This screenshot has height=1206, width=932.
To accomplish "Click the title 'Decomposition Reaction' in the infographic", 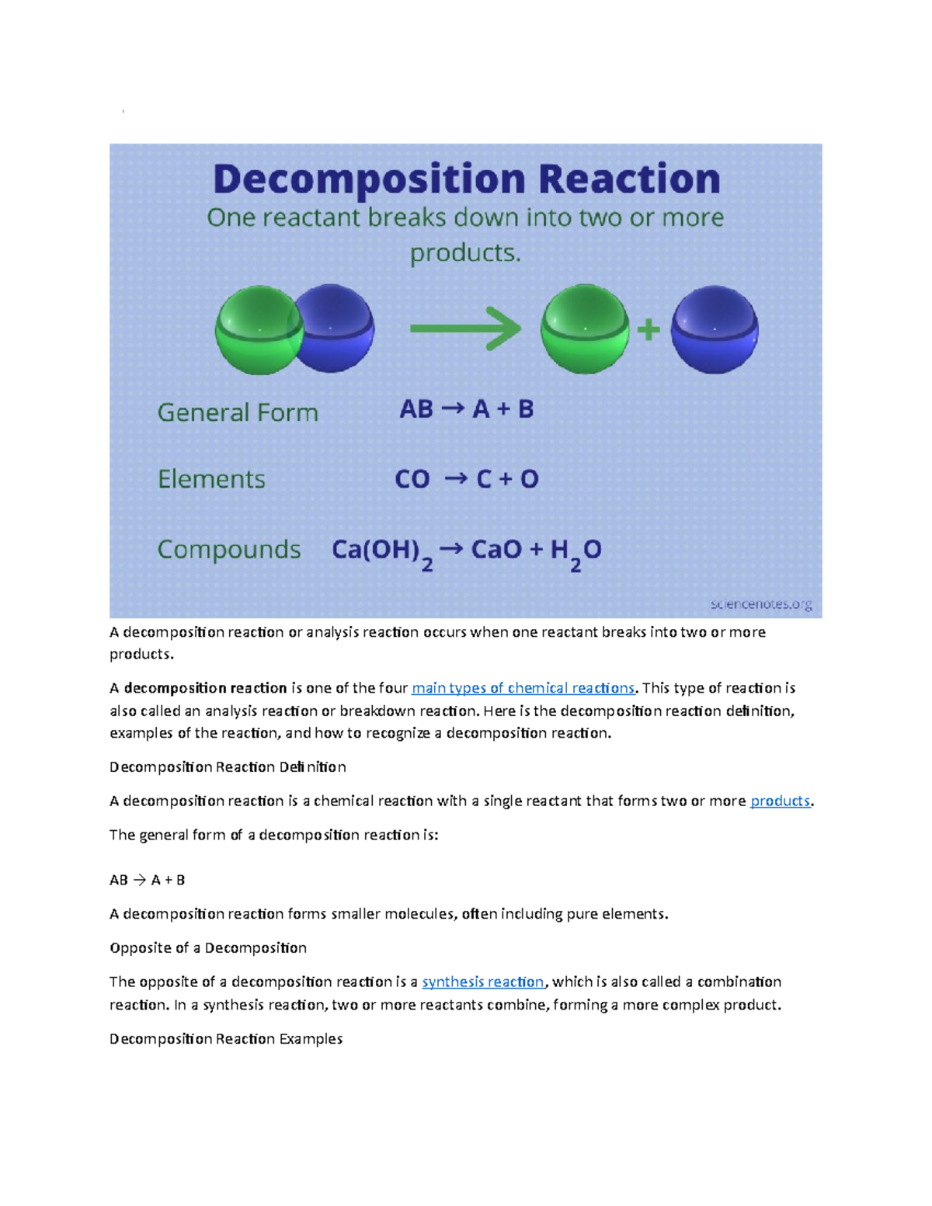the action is pyautogui.click(x=466, y=181).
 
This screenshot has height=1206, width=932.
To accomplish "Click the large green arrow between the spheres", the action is pyautogui.click(x=465, y=328).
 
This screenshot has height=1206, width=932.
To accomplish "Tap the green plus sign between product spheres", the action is pyautogui.click(x=649, y=331).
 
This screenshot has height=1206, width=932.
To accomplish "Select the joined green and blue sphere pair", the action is pyautogui.click(x=295, y=329).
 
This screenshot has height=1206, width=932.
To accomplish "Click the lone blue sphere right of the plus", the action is pyautogui.click(x=715, y=329).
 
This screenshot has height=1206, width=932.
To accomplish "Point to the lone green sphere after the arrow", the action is pyautogui.click(x=585, y=329).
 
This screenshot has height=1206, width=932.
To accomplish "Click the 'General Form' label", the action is pyautogui.click(x=238, y=412).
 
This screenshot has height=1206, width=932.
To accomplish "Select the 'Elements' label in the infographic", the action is pyautogui.click(x=211, y=479).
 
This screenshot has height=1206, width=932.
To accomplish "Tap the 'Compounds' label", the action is pyautogui.click(x=228, y=550).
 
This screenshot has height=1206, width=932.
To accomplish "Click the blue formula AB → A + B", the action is pyautogui.click(x=466, y=409).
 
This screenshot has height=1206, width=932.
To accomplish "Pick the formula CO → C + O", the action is pyautogui.click(x=466, y=479).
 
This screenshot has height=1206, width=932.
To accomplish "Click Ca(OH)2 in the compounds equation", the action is pyautogui.click(x=382, y=554).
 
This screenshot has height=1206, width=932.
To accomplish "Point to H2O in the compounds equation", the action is pyautogui.click(x=576, y=554).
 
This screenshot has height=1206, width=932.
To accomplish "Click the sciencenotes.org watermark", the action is pyautogui.click(x=762, y=604).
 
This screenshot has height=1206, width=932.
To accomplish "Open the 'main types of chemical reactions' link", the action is pyautogui.click(x=523, y=688).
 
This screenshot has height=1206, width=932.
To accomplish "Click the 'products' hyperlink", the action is pyautogui.click(x=780, y=801).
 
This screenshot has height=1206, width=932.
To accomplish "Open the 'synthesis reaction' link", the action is pyautogui.click(x=483, y=982).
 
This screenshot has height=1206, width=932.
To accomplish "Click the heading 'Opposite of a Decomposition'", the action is pyautogui.click(x=208, y=948).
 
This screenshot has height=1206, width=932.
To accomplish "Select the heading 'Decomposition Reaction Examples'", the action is pyautogui.click(x=226, y=1038).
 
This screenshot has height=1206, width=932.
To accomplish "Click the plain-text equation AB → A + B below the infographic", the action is pyautogui.click(x=147, y=880).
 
